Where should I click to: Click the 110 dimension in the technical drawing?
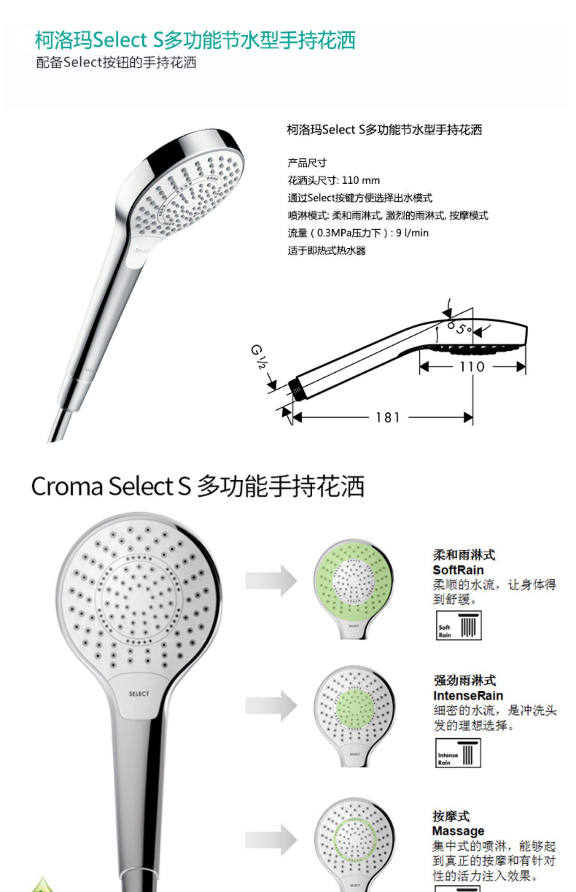click(x=472, y=367)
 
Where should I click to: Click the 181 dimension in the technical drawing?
click(x=387, y=417)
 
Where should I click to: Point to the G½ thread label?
click(x=259, y=357)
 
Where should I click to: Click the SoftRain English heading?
click(x=458, y=570)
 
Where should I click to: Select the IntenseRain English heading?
click(x=468, y=695)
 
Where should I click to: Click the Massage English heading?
click(x=458, y=831)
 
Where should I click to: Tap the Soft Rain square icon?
click(x=458, y=625)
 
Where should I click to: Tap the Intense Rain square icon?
click(x=458, y=753)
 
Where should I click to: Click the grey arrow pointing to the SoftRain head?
click(x=271, y=580)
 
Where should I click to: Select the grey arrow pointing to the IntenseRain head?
click(x=271, y=706)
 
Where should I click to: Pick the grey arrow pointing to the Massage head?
click(x=271, y=839)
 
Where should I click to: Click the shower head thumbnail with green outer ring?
click(x=353, y=589)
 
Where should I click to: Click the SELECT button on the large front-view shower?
click(x=139, y=694)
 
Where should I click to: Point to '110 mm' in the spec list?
click(x=361, y=180)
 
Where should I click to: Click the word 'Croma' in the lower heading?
click(x=67, y=486)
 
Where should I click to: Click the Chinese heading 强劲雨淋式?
click(x=465, y=680)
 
